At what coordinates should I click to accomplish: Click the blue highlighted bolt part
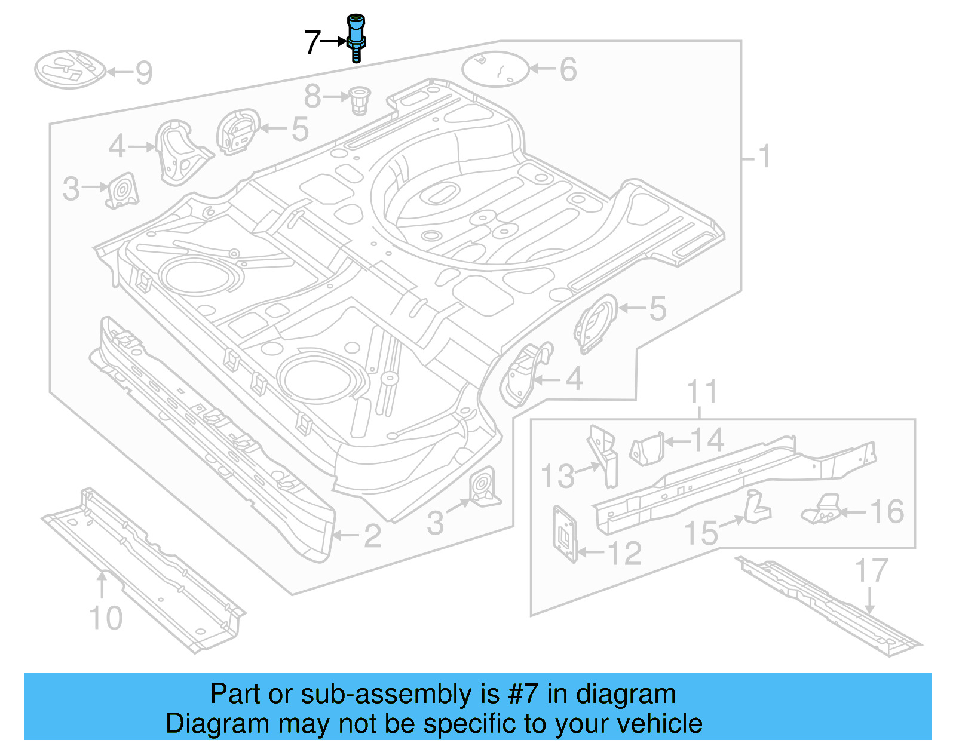point(356,37)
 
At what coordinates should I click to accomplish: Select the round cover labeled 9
point(69,69)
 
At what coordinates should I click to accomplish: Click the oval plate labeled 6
point(495,69)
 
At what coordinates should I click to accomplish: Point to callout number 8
point(312,96)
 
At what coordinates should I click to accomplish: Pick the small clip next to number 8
point(359,100)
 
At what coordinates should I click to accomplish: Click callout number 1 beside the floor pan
point(764,157)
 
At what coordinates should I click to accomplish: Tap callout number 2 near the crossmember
point(372,536)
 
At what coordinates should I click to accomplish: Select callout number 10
point(106,618)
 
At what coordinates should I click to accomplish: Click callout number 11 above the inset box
point(701,392)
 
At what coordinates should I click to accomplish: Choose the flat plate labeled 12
point(565,533)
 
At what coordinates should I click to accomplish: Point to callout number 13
point(557,476)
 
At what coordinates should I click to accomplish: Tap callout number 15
point(701,533)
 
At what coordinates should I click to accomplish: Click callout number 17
point(871,570)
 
